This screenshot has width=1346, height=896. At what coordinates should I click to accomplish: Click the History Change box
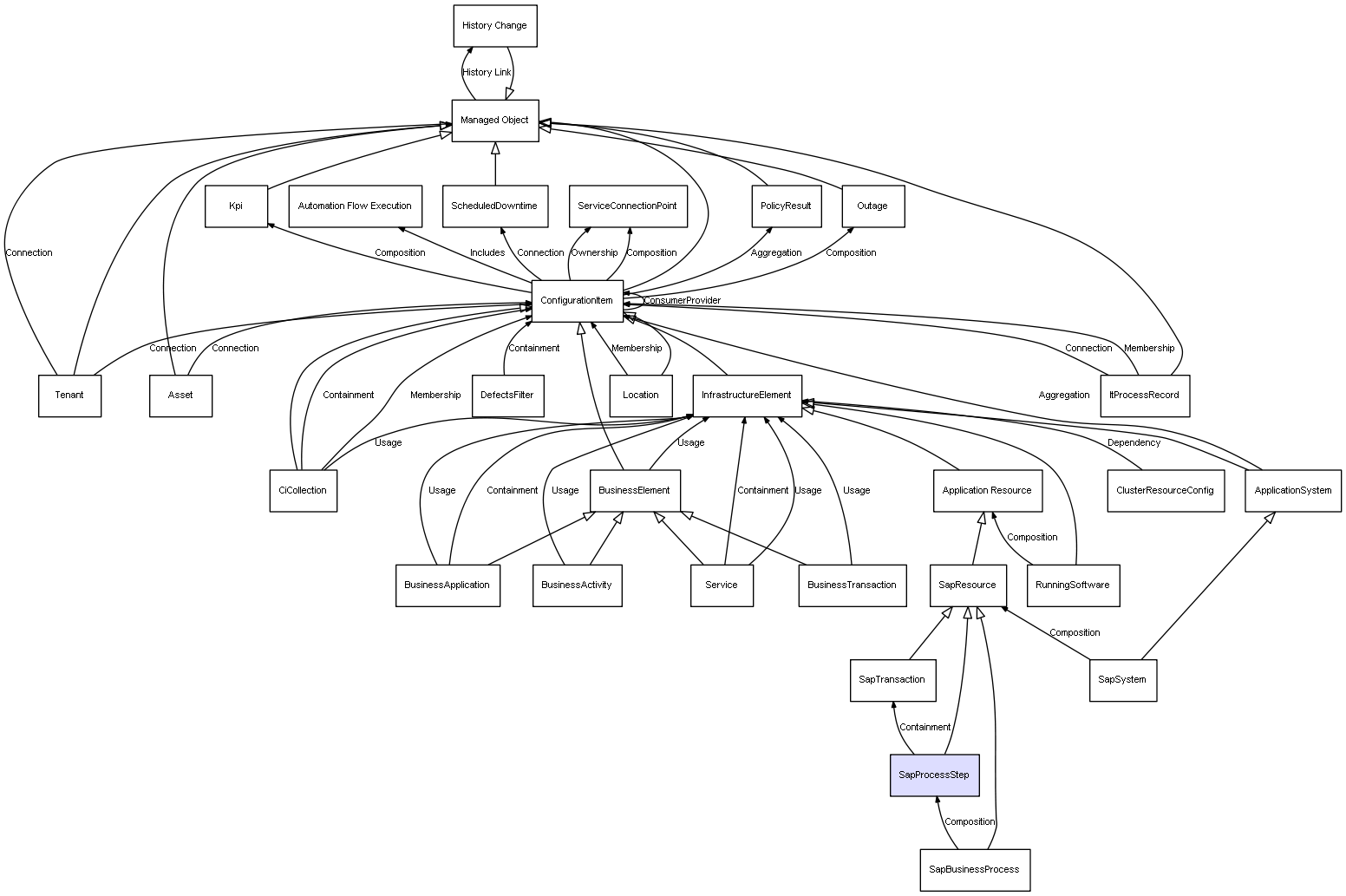(495, 26)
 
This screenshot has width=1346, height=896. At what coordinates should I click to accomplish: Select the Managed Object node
(495, 121)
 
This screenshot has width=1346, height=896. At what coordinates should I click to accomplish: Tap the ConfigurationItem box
(577, 301)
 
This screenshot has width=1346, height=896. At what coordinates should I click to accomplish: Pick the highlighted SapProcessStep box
(934, 775)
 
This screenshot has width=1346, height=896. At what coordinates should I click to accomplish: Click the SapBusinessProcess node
(975, 870)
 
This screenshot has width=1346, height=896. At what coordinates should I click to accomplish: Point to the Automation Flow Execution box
(355, 206)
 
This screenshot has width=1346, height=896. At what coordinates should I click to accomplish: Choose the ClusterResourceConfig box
(1166, 491)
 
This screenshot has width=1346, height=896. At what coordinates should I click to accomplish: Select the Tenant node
(69, 396)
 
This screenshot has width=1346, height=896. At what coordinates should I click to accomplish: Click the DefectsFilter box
(507, 396)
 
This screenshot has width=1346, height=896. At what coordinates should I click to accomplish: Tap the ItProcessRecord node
(1145, 396)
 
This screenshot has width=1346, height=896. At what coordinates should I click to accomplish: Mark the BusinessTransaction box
(852, 586)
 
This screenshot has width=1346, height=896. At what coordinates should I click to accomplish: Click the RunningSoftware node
(1073, 586)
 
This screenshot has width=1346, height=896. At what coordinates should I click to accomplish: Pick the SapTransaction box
(893, 680)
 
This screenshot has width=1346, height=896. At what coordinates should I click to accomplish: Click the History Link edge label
(487, 73)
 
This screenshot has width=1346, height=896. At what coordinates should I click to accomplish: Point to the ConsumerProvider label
(683, 300)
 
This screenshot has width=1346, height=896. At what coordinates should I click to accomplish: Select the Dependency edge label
(1134, 443)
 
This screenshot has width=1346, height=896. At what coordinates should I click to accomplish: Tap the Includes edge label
(487, 253)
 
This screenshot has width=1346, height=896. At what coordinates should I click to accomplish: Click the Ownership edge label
(594, 253)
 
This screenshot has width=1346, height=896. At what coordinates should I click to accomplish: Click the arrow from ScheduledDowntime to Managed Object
(496, 163)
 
